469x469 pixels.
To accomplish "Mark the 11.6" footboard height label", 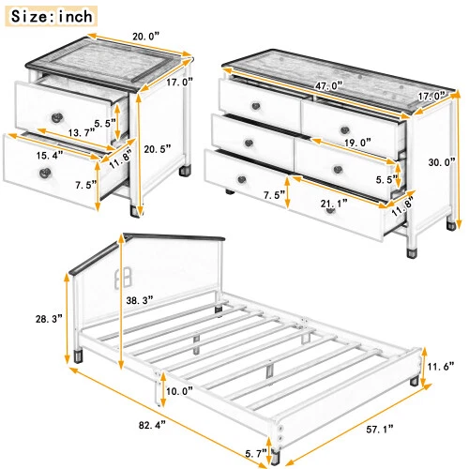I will pos(441,367).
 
